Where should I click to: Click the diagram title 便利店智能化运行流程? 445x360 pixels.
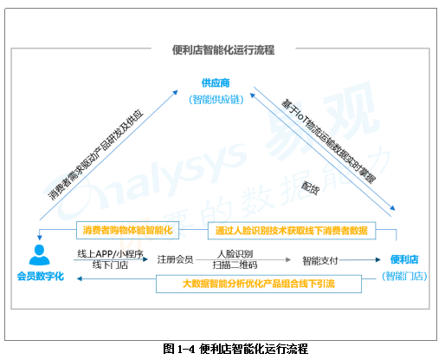[x=223, y=49]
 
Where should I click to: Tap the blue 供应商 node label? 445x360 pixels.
[x=216, y=83]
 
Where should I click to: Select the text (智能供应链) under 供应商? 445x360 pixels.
[x=216, y=100]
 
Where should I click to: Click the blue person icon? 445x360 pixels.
[x=39, y=255]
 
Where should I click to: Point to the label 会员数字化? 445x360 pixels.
[x=41, y=276]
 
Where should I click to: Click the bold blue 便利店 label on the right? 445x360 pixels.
[x=404, y=259]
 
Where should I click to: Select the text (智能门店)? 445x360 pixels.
[x=404, y=276]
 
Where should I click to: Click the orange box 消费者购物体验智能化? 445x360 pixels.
[x=127, y=230]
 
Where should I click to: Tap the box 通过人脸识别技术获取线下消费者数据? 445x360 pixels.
[x=292, y=231]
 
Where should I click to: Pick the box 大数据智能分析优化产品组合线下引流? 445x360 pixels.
[x=259, y=284]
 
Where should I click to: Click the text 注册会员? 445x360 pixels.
[x=175, y=259]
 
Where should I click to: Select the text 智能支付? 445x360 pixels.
[x=320, y=260]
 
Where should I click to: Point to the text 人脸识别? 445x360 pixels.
[x=235, y=254]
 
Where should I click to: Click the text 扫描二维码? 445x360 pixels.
[x=235, y=265]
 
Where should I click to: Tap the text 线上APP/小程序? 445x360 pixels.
[x=110, y=254]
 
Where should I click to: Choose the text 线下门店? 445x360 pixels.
[x=110, y=265]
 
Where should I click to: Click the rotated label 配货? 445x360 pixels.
[x=311, y=187]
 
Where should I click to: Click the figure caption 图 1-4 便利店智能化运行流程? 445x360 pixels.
[x=235, y=349]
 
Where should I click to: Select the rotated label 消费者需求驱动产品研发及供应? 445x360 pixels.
[x=95, y=154]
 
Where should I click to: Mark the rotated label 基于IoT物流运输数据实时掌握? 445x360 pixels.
[x=329, y=141]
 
